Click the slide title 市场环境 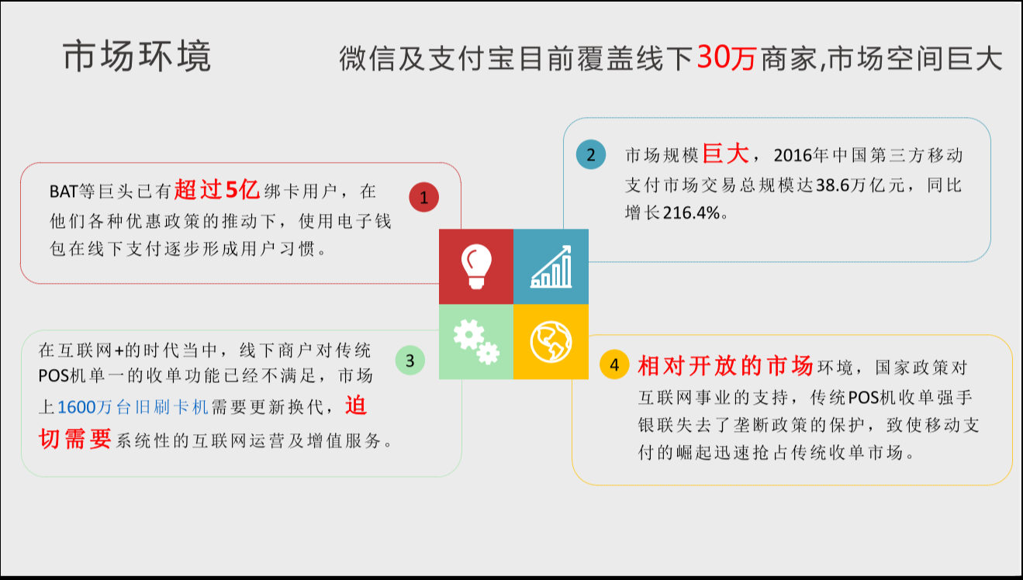tap(137, 56)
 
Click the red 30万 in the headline tap(726, 58)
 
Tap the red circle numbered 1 tap(423, 197)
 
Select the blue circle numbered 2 tap(590, 154)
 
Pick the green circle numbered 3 tap(410, 361)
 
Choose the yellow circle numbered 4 tap(614, 364)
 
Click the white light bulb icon tap(476, 266)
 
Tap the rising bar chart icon tap(551, 267)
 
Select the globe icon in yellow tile tap(551, 342)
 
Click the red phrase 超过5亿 tap(217, 189)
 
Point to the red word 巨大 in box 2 tap(726, 154)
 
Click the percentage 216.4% tap(692, 212)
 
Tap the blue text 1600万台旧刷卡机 tap(133, 407)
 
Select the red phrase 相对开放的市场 tap(725, 365)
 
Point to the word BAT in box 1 tap(64, 192)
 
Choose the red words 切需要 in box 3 tap(75, 439)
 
